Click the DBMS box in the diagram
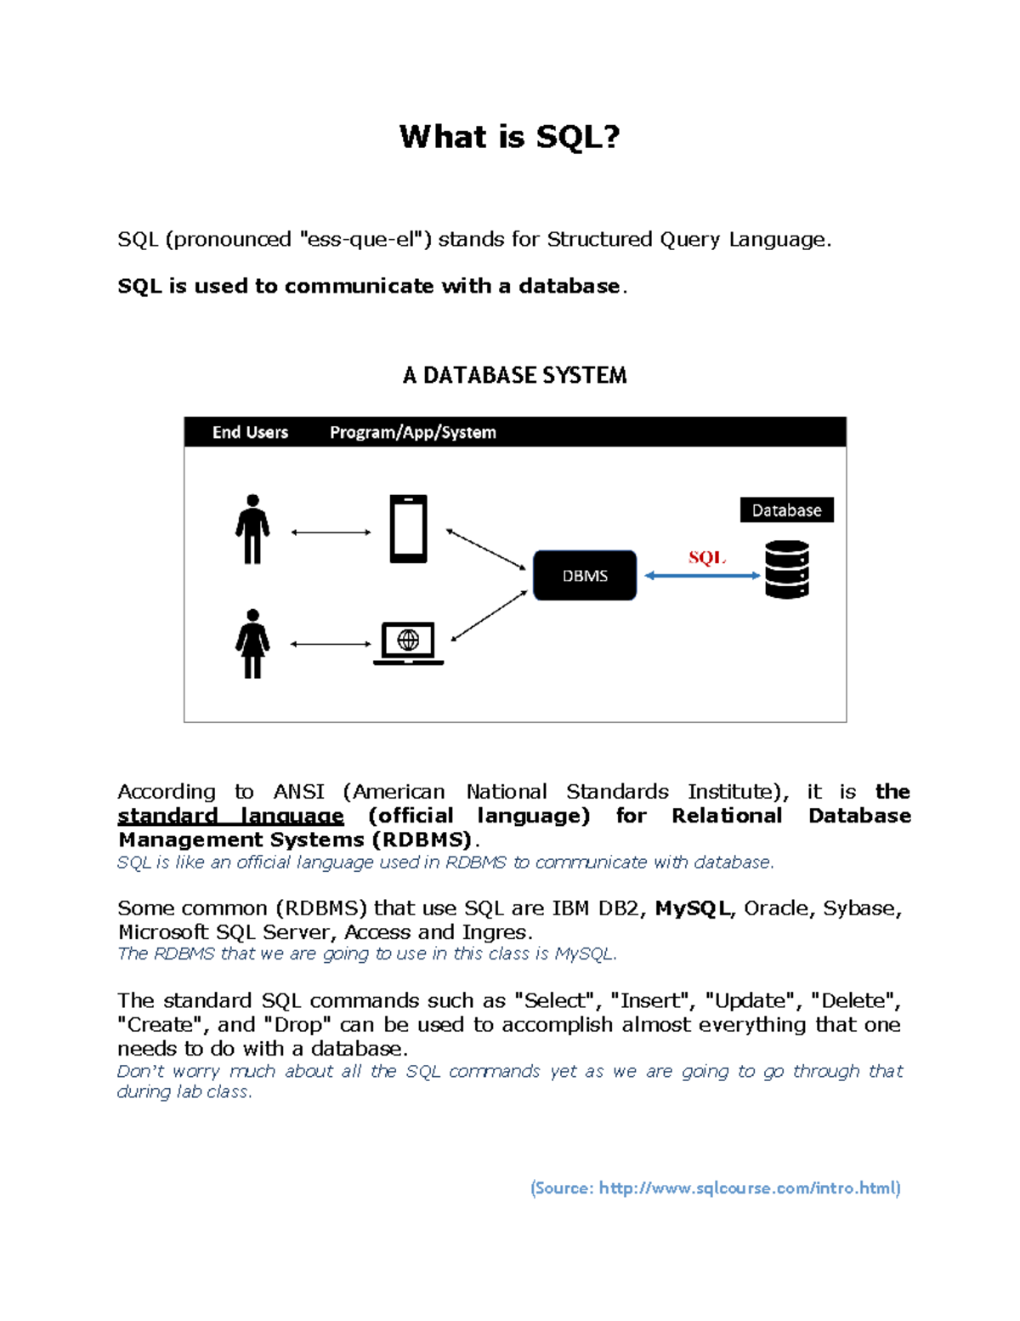click(585, 576)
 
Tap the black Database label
click(786, 510)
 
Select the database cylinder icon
click(786, 570)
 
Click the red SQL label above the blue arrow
click(706, 558)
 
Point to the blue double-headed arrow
click(702, 576)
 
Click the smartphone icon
click(408, 529)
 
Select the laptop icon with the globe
click(409, 643)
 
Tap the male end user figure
click(252, 529)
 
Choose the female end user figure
click(252, 644)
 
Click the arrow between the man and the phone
click(331, 532)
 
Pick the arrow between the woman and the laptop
click(331, 644)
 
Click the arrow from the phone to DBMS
click(486, 549)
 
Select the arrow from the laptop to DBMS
click(489, 616)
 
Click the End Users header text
click(250, 432)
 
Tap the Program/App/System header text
click(412, 432)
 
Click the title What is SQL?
click(510, 136)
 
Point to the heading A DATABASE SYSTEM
click(514, 375)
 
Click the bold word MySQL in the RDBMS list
click(692, 908)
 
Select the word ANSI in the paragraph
click(298, 792)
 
